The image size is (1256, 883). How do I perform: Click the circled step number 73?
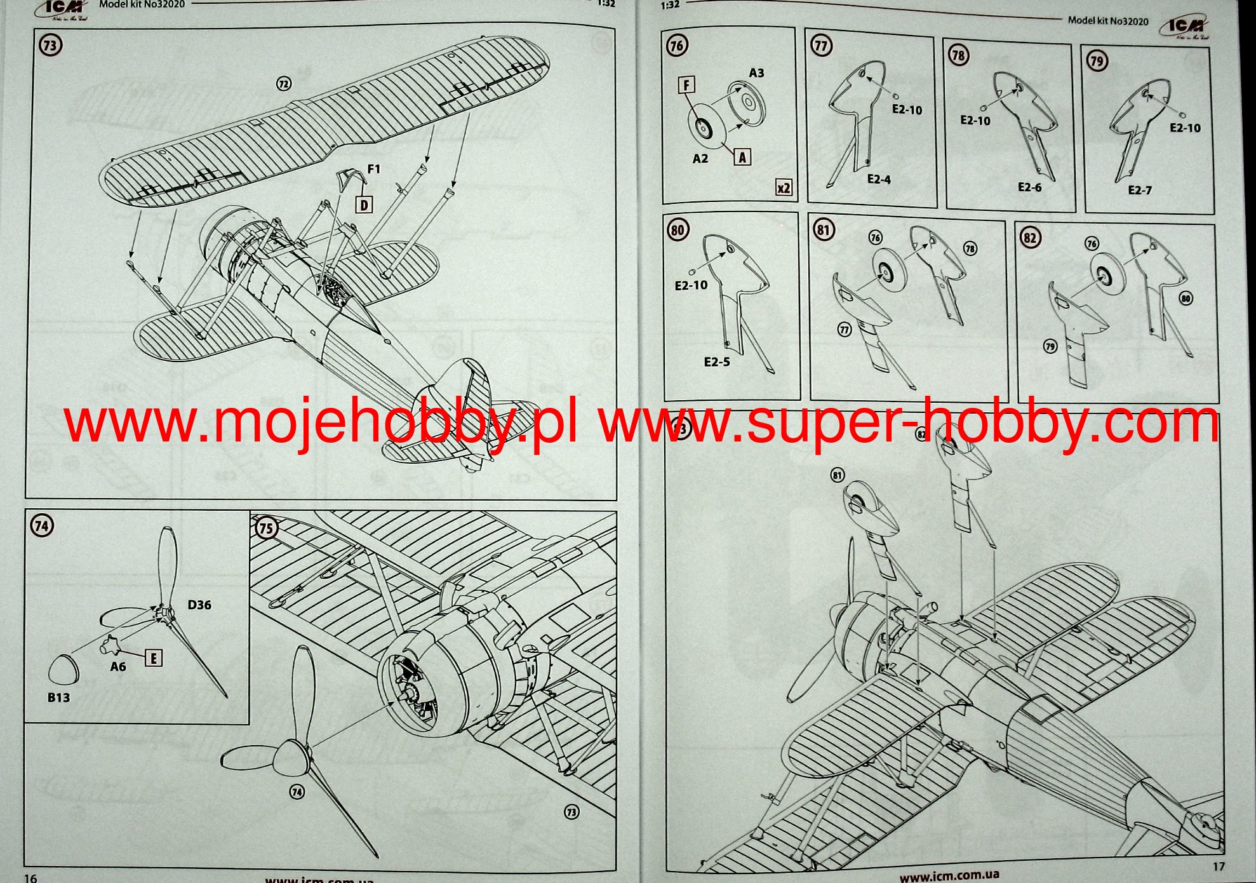(x=51, y=46)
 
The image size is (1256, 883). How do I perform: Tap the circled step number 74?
(x=42, y=526)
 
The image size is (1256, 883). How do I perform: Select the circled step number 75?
(x=266, y=529)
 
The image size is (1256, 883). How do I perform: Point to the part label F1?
(x=373, y=169)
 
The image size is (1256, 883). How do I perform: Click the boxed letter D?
(x=364, y=205)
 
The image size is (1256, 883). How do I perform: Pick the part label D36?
(x=199, y=605)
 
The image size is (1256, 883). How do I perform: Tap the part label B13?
(x=58, y=698)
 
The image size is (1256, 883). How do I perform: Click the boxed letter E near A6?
(x=153, y=658)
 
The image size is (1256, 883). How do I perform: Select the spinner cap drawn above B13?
(x=63, y=670)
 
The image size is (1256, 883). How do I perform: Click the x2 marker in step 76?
(x=784, y=187)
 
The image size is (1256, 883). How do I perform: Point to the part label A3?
(x=756, y=73)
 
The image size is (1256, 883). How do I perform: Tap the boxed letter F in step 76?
(x=687, y=84)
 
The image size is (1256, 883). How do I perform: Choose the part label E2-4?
(x=879, y=180)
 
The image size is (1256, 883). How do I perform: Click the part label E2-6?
(x=1029, y=187)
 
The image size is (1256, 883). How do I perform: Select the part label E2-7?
(x=1140, y=190)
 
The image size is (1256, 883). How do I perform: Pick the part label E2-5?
(x=717, y=362)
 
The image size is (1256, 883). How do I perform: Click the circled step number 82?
(x=1030, y=238)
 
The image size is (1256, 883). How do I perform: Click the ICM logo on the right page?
(x=1184, y=27)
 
